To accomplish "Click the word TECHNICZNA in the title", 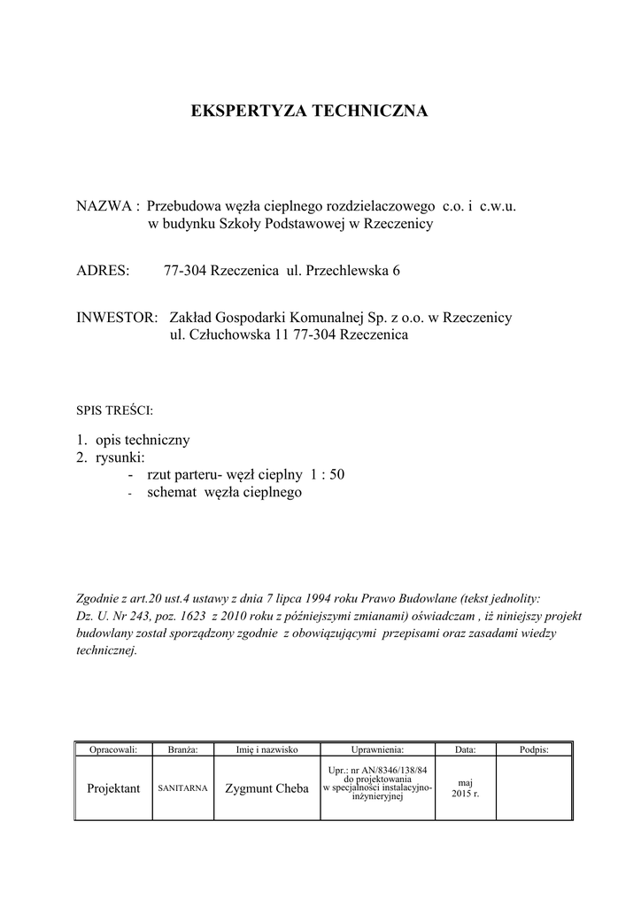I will coord(368,111).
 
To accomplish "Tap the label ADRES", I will coord(103,270).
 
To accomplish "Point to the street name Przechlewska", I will coord(346,270).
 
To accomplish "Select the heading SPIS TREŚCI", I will coord(116,411).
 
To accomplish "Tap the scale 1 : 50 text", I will coord(327,475).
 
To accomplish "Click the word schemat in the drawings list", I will coord(175,493).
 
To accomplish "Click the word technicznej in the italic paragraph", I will coord(107,649).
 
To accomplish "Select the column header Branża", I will coord(182,749).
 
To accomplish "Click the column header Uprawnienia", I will coord(377,749).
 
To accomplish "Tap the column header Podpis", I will coord(534,749).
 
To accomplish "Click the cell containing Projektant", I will coord(113,788).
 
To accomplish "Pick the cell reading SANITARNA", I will coord(182,787).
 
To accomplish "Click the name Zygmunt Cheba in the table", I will coord(266,788).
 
